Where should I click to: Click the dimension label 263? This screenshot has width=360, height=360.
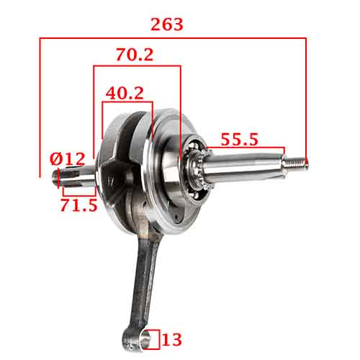(x=167, y=24)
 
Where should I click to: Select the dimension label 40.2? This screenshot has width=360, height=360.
(x=124, y=93)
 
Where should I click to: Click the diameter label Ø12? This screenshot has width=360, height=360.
(x=67, y=158)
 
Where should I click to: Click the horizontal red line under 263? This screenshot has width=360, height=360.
(x=173, y=39)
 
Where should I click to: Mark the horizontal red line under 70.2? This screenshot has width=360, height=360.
(x=137, y=67)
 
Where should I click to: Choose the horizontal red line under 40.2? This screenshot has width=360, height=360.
(x=127, y=103)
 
